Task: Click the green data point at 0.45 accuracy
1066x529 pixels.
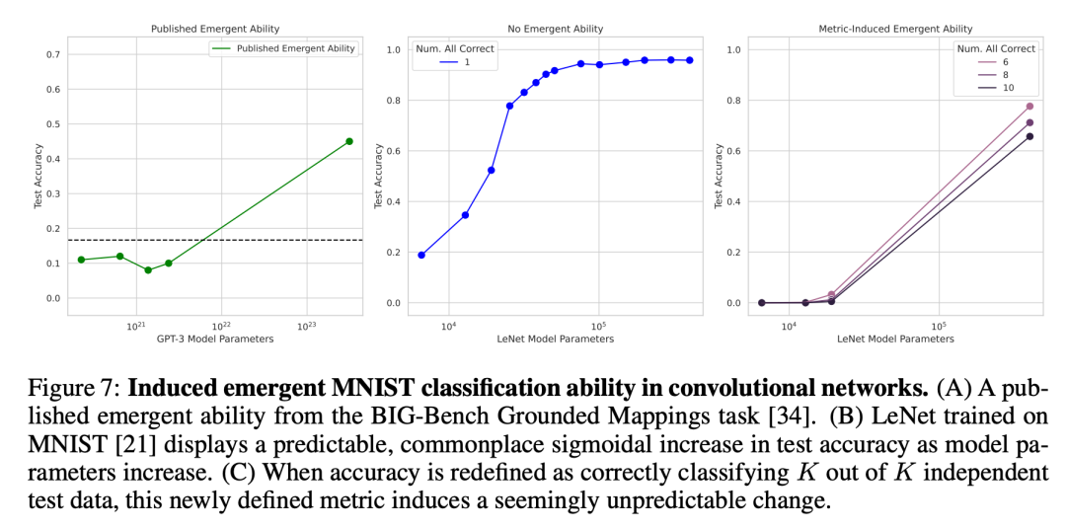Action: pyautogui.click(x=348, y=141)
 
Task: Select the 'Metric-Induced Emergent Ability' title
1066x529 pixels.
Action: pyautogui.click(x=895, y=29)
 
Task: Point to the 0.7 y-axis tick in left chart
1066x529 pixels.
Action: pyautogui.click(x=53, y=54)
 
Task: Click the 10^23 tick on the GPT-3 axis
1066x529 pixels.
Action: pyautogui.click(x=306, y=326)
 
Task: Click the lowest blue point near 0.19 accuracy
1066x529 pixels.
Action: pyautogui.click(x=421, y=255)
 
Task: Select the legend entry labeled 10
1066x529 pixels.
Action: pyautogui.click(x=1008, y=87)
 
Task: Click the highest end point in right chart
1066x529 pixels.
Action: pyautogui.click(x=1029, y=107)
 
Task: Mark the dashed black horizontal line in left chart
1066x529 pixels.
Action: pyautogui.click(x=247, y=240)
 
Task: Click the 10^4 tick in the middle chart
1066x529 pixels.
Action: pyautogui.click(x=448, y=327)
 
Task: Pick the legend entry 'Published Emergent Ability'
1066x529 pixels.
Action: pyautogui.click(x=296, y=48)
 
